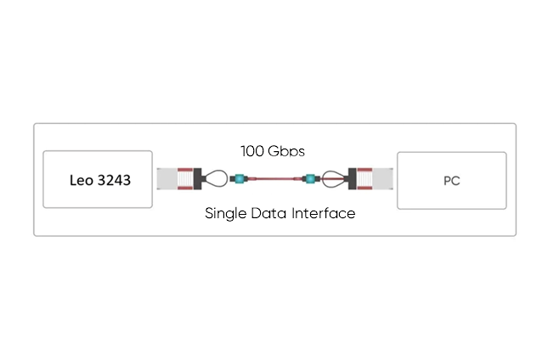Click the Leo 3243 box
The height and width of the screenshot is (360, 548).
click(x=98, y=179)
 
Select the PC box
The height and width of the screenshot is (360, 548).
click(x=451, y=180)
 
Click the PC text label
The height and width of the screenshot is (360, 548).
click(x=451, y=180)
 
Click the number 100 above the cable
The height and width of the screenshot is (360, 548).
click(x=253, y=151)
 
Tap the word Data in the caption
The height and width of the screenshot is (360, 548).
click(x=271, y=213)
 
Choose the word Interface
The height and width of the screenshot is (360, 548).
click(x=324, y=213)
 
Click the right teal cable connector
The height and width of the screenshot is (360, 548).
click(x=311, y=179)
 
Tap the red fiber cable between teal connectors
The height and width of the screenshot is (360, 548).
click(x=273, y=179)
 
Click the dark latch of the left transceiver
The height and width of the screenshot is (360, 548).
click(x=199, y=179)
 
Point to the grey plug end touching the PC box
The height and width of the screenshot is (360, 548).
click(x=387, y=179)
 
